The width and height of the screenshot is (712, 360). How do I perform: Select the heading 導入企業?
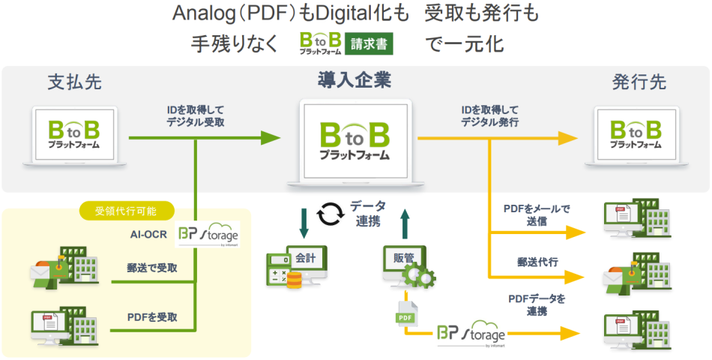click(355, 79)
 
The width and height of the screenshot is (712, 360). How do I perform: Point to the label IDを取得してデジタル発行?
click(490, 115)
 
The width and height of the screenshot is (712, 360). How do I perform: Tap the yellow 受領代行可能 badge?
click(127, 211)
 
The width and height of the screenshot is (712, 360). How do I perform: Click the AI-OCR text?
click(148, 233)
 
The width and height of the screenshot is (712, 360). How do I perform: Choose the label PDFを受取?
click(152, 317)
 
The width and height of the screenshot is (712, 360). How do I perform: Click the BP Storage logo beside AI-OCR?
click(208, 235)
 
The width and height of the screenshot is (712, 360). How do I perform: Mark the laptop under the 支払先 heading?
click(75, 135)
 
